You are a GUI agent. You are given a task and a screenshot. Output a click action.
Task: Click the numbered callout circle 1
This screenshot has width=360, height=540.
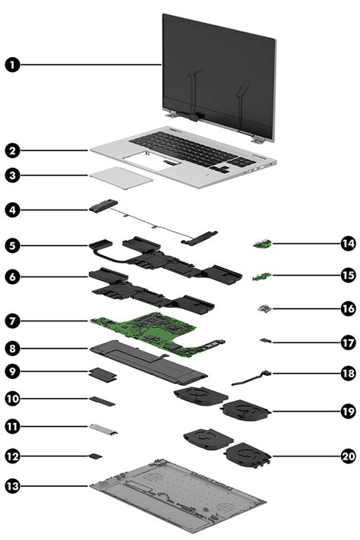13,65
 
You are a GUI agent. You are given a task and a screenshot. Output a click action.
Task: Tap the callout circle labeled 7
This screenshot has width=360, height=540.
13,321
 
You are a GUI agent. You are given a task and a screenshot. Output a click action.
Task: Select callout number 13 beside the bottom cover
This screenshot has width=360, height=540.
13,484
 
